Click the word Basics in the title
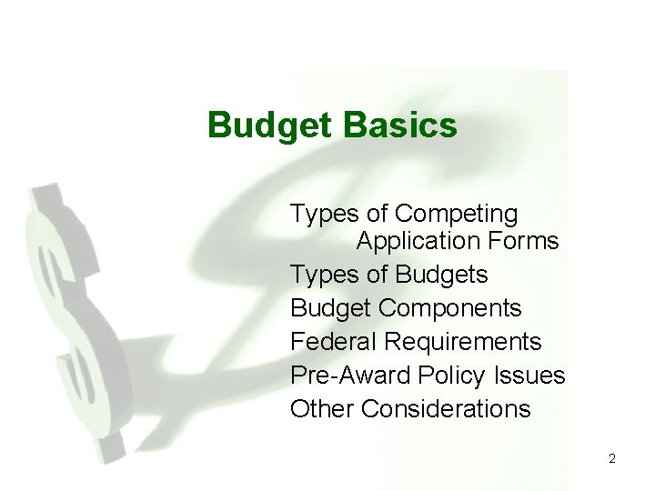point(400,125)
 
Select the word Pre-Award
point(351,376)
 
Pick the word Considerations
point(446,409)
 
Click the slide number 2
point(612,459)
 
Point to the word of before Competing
point(378,215)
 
